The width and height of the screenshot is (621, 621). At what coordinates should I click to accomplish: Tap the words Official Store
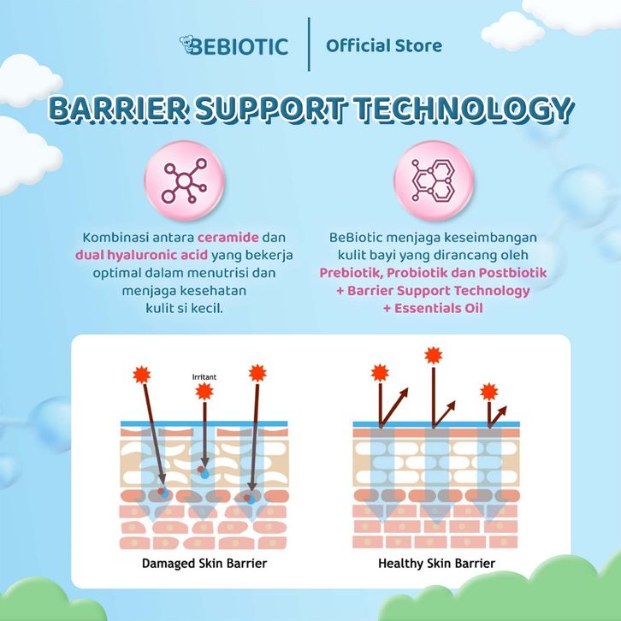[384, 44]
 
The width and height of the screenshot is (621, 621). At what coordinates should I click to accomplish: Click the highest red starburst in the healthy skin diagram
[434, 354]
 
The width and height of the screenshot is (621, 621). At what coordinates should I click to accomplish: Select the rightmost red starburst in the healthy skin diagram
[488, 392]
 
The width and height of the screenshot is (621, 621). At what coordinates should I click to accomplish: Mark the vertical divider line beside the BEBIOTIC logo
[309, 44]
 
